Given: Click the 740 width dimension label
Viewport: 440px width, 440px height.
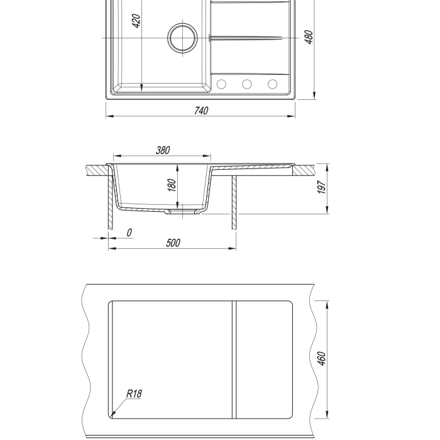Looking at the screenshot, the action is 201,111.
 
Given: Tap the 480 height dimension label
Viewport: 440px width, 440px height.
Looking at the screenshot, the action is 309,36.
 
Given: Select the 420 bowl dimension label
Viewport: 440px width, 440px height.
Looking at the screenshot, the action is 136,21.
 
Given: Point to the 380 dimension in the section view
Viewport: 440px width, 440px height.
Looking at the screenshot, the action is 163,150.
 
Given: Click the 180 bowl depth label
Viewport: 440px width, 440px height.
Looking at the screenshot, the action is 172,185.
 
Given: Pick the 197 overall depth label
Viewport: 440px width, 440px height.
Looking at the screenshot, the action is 322,187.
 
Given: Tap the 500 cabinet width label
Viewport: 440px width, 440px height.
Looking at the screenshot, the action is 173,243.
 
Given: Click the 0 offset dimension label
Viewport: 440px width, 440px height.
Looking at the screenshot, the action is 129,233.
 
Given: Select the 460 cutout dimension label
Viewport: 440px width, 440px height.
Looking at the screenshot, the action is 322,358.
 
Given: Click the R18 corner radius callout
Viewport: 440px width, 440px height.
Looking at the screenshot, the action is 134,393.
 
